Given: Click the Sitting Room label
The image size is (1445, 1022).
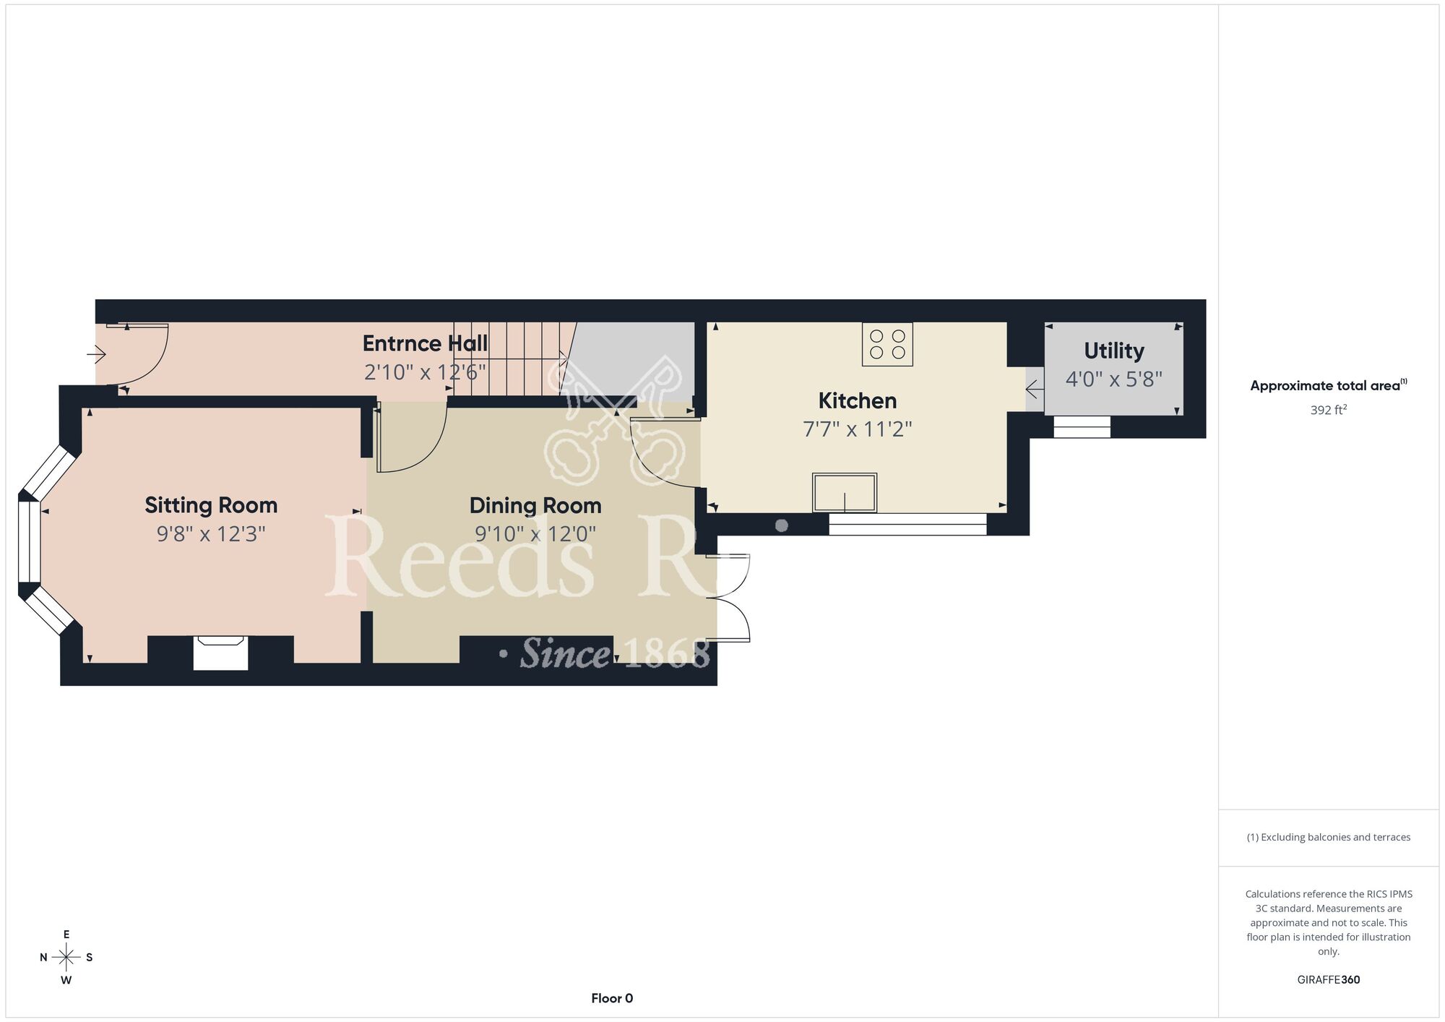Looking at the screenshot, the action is coord(211,505).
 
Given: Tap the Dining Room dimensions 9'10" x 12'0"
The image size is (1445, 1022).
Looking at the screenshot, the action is coord(535,534).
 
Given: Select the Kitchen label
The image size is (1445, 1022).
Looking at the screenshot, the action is coord(858,400).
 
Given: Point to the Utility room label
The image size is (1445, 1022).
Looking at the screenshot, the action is coord(1114,351).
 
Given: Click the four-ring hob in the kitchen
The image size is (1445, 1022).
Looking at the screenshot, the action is coord(887,344).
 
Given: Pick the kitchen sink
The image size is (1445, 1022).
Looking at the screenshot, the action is coord(845,493).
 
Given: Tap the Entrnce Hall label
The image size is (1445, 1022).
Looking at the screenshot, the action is coord(425,343).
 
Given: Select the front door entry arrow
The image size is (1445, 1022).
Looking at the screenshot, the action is coord(96,354).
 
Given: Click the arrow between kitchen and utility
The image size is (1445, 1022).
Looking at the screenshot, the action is coord(1035,390).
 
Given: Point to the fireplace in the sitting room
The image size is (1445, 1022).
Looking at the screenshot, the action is coord(220,653).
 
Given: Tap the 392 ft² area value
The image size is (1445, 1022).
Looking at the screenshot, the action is coord(1329,410).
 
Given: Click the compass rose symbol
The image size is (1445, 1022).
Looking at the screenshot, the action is coord(66,958).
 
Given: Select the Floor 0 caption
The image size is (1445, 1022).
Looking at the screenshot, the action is coord(612,998).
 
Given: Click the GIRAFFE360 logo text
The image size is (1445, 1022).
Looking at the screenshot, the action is coord(1329,980).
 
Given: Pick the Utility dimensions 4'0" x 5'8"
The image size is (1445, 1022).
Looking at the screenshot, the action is coord(1114,379).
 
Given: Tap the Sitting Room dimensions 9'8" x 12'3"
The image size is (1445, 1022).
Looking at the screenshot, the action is coord(211,534).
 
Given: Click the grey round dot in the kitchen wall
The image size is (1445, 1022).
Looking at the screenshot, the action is coord(781,525).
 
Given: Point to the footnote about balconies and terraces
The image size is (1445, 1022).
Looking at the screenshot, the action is coord(1329,837).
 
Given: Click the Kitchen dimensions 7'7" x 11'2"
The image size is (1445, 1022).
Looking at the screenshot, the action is coord(858,429).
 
